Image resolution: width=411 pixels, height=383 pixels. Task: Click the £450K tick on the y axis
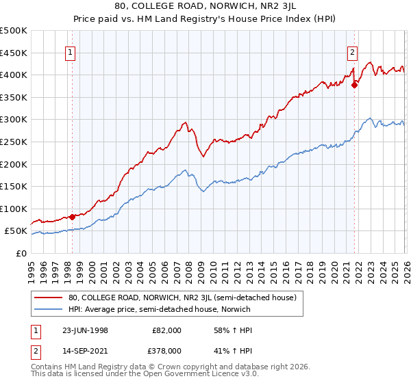pyautogui.click(x=14, y=53)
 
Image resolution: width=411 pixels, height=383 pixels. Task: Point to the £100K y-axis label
pyautogui.click(x=14, y=209)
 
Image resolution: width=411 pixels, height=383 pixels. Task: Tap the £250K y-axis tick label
pyautogui.click(x=14, y=142)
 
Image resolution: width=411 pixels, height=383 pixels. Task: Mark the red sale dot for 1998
pyautogui.click(x=73, y=217)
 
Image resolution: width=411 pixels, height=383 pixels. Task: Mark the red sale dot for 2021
pyautogui.click(x=354, y=85)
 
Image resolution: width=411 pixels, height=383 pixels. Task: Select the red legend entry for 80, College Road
pyautogui.click(x=182, y=298)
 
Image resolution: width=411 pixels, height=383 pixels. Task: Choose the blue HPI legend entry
pyautogui.click(x=159, y=309)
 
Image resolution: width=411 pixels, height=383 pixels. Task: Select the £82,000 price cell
pyautogui.click(x=166, y=330)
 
